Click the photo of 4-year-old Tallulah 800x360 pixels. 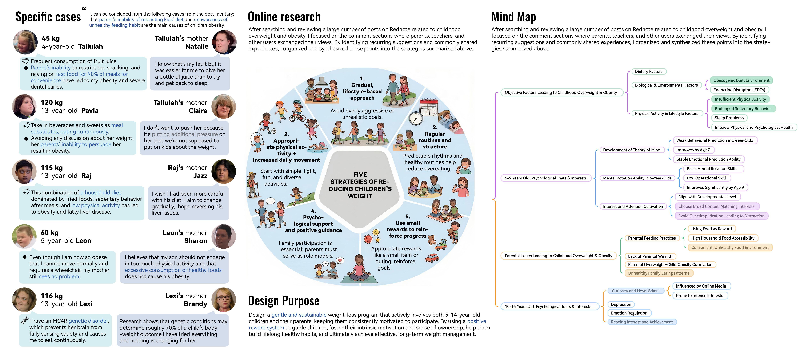click(x=25, y=42)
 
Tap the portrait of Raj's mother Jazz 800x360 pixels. click(x=224, y=172)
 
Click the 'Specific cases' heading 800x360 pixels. click(x=48, y=17)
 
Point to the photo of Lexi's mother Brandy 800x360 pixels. click(x=224, y=299)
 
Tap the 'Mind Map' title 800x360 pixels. click(x=513, y=17)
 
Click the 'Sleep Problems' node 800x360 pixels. click(x=729, y=118)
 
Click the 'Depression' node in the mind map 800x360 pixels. click(x=621, y=305)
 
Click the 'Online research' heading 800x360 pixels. click(x=284, y=17)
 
